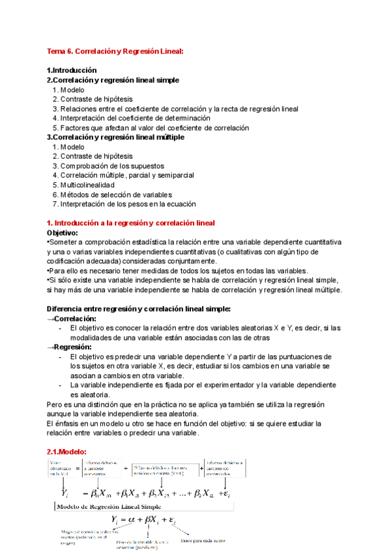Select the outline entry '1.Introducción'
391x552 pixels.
point(72,70)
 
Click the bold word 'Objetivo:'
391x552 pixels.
point(63,232)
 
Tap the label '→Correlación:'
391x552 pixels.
point(71,318)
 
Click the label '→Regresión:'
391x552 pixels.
point(68,347)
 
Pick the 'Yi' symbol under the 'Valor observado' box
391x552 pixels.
point(65,493)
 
